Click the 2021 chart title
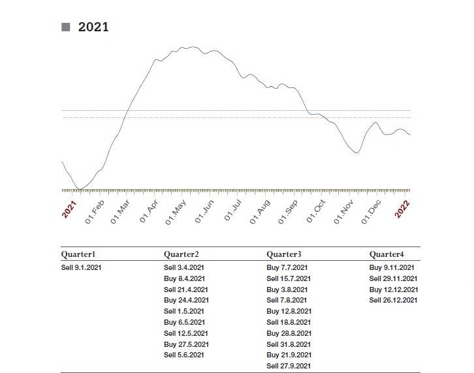(x=93, y=27)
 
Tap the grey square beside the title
(x=65, y=27)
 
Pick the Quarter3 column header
(x=284, y=254)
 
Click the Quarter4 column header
(x=387, y=254)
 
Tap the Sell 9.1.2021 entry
(x=82, y=267)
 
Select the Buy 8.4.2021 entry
(x=184, y=278)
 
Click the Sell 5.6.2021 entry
(x=184, y=355)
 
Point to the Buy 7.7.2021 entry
(x=287, y=267)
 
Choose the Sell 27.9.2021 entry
(x=289, y=366)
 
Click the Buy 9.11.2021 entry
(x=392, y=267)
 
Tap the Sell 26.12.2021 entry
(x=394, y=300)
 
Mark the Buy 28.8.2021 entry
(x=289, y=333)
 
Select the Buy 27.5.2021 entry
(x=186, y=344)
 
